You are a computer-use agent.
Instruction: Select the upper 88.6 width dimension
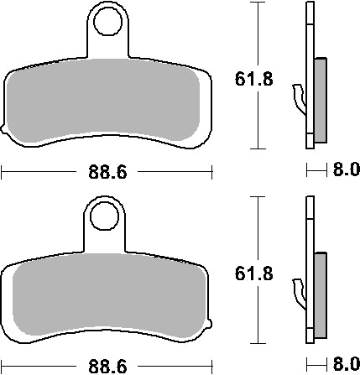[107, 174]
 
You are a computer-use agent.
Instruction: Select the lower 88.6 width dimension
[107, 366]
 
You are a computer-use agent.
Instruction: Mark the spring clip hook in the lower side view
[300, 292]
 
